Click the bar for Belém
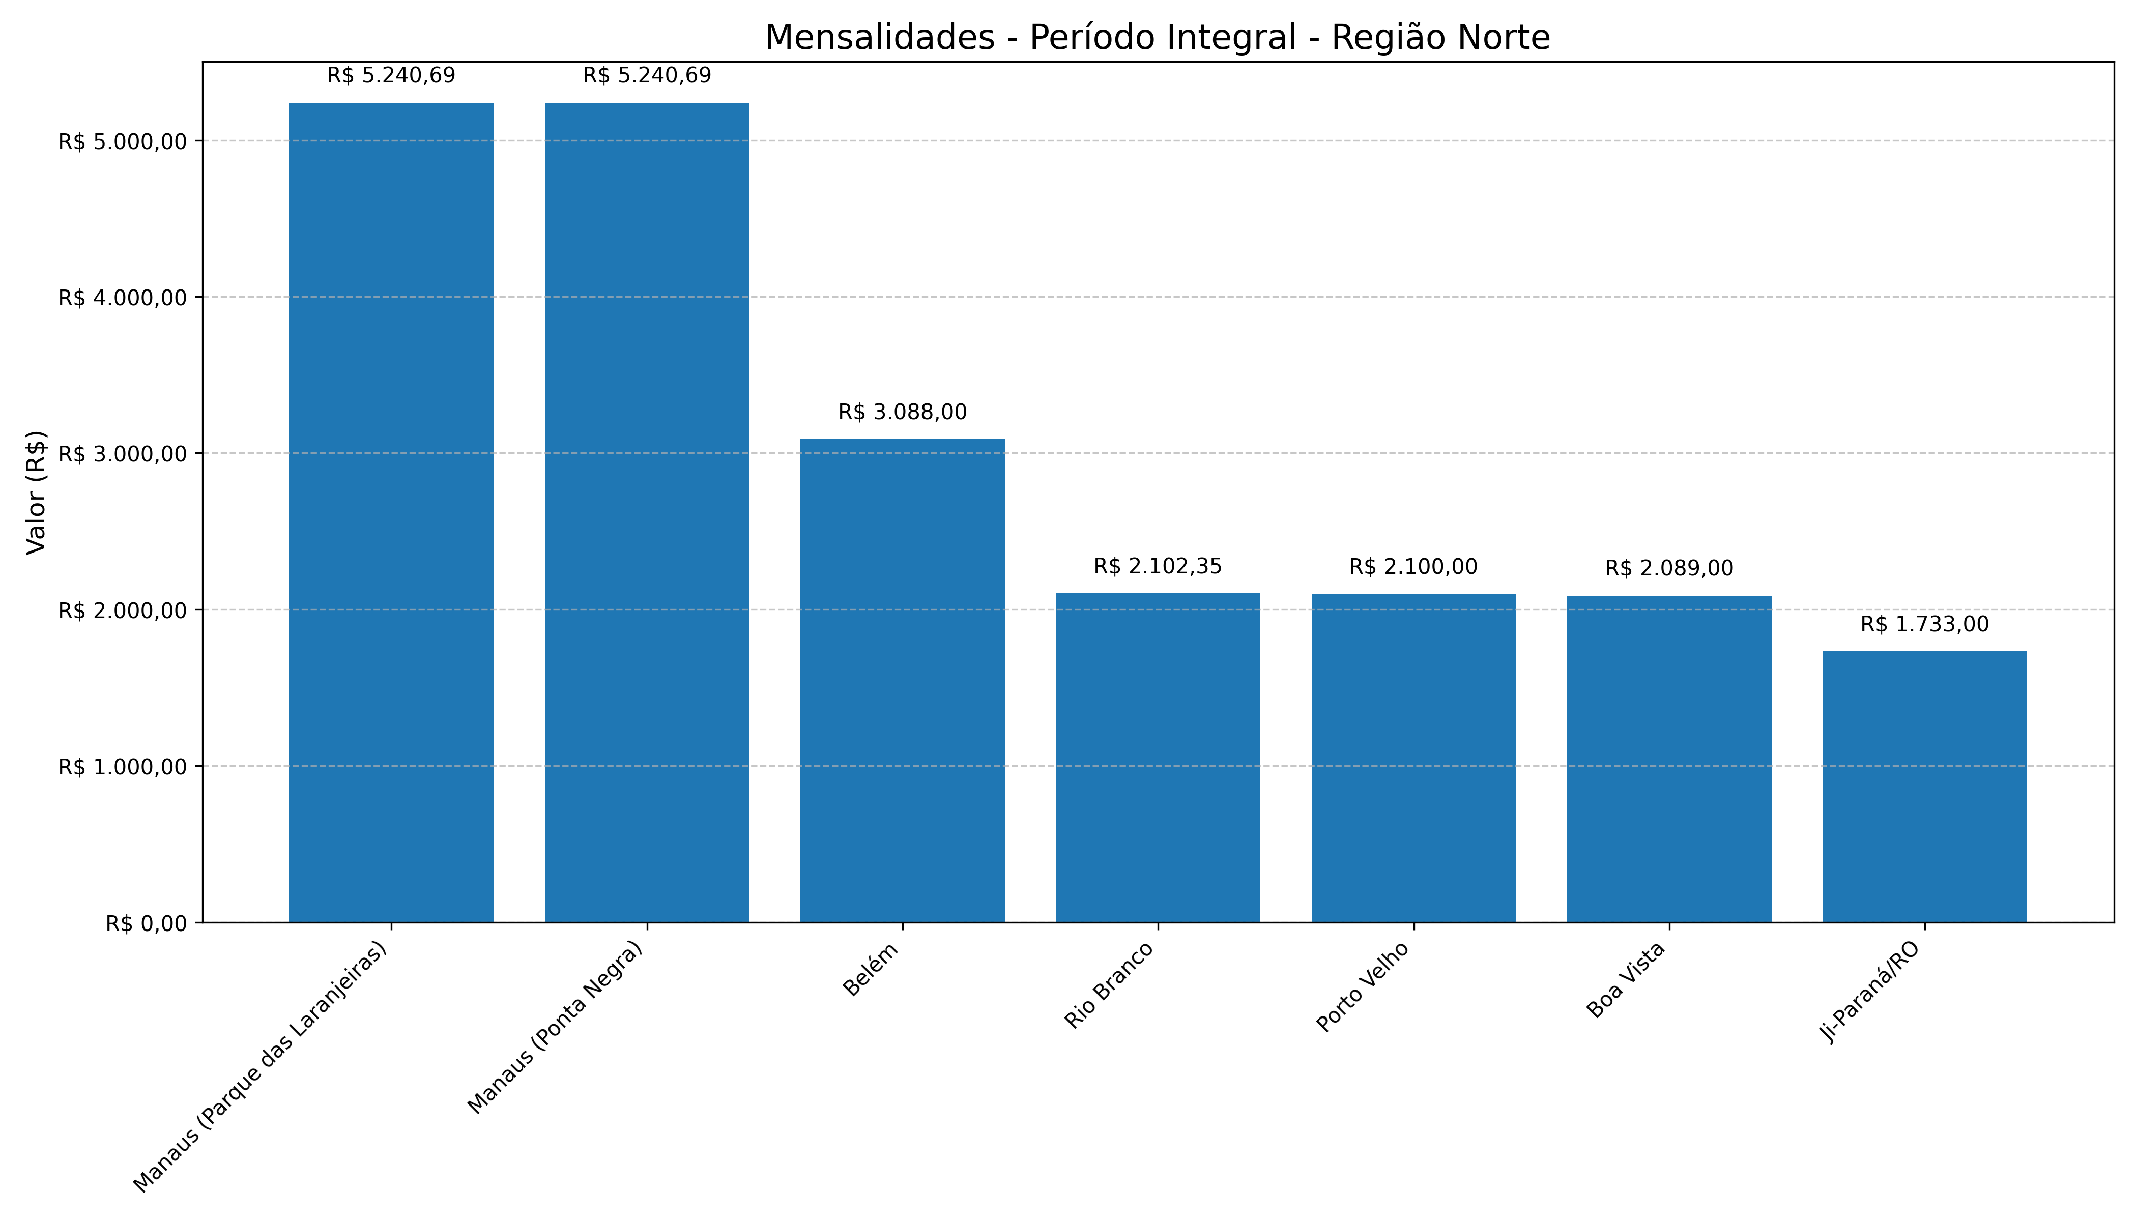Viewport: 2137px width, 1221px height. tap(903, 680)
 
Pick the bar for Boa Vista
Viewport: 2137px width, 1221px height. tap(1669, 759)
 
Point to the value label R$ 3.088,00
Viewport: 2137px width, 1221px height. tap(903, 413)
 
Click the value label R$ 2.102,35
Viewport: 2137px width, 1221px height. tap(1158, 567)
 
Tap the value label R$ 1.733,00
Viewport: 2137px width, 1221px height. tap(1925, 625)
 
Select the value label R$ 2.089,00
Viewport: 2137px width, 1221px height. tap(1669, 569)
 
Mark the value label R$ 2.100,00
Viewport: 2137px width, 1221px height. tap(1413, 567)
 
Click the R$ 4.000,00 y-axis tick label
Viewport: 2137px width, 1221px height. tap(122, 298)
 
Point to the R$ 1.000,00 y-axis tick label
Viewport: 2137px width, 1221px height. tap(122, 767)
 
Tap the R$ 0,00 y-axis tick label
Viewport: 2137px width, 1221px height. tap(146, 923)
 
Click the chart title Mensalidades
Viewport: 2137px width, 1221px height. tap(1158, 38)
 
